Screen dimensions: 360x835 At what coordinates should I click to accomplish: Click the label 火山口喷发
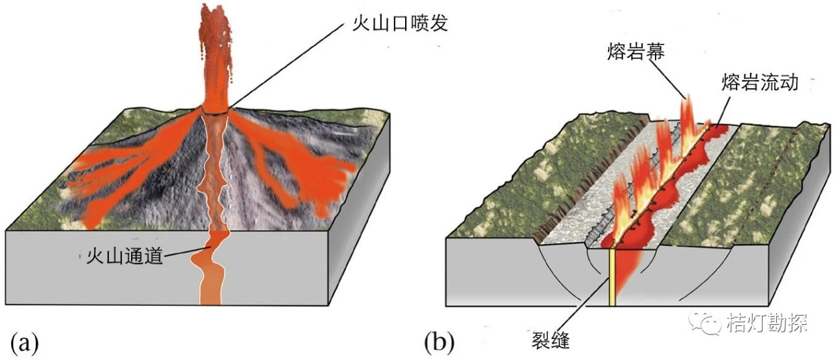396,25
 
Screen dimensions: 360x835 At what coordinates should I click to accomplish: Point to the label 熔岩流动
759,83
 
